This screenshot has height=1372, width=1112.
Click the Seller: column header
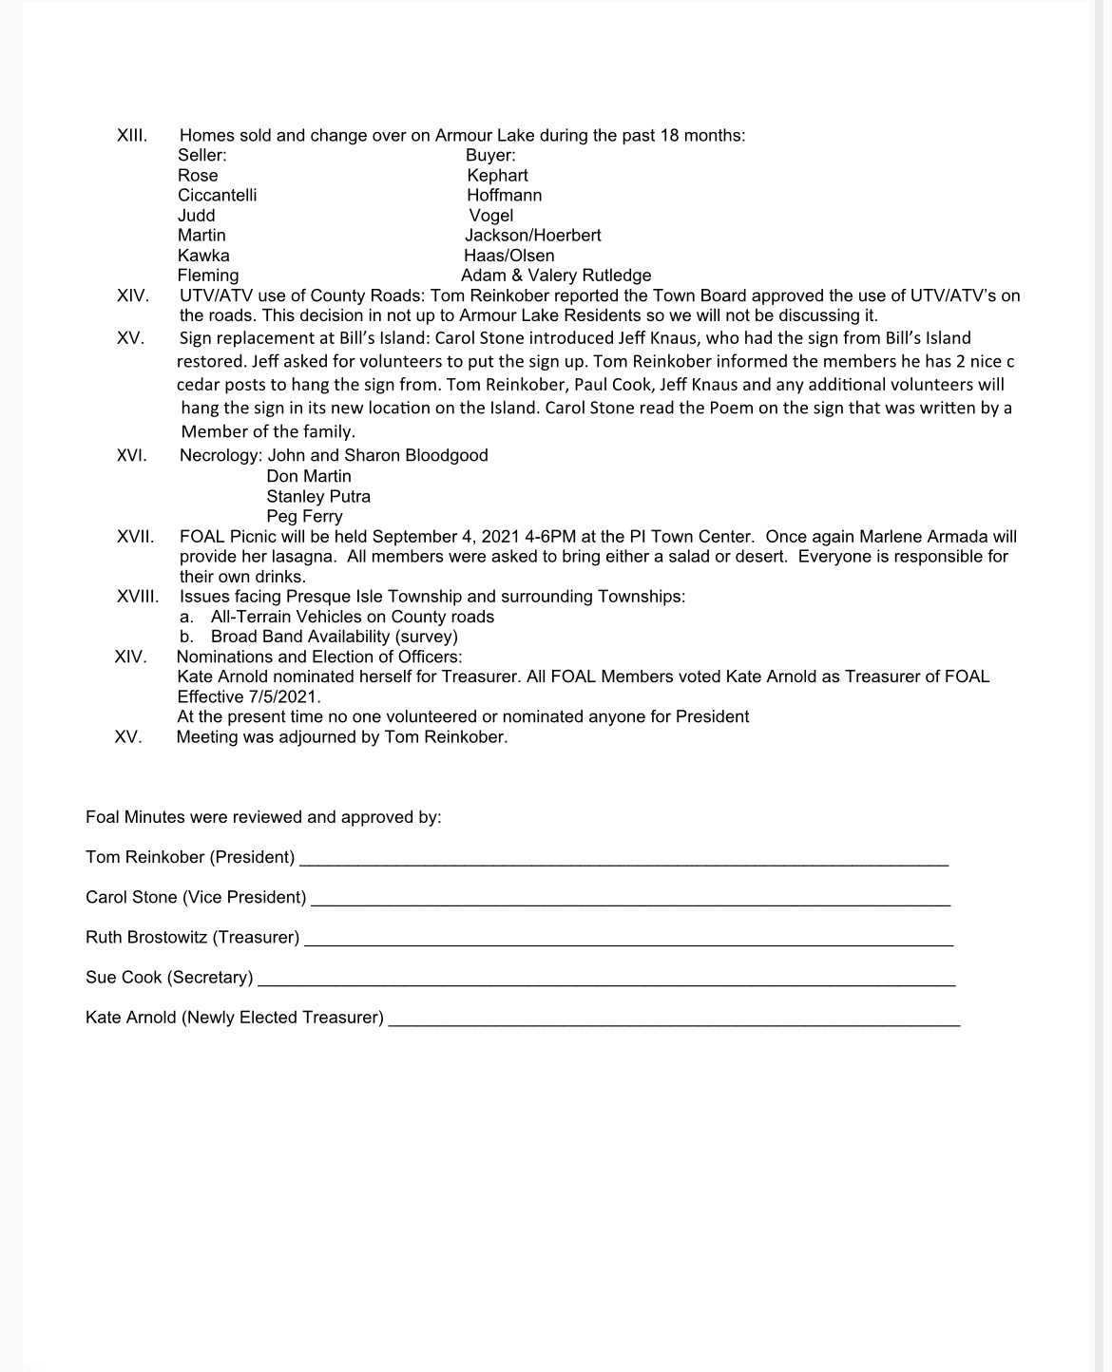click(201, 155)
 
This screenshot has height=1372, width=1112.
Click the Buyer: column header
click(490, 155)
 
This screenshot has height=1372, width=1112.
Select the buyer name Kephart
click(497, 175)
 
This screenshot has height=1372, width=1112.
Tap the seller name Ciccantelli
click(217, 195)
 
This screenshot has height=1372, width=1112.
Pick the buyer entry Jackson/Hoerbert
click(532, 235)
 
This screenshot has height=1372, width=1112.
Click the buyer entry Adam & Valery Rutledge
click(556, 276)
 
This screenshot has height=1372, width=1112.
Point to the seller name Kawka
click(203, 256)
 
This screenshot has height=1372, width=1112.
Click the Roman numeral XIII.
click(132, 135)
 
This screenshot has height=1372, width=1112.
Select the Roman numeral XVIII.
click(138, 597)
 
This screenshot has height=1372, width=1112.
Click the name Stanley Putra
click(318, 496)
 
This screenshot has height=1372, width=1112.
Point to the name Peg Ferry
click(304, 517)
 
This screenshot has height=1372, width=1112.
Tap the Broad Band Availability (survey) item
click(334, 637)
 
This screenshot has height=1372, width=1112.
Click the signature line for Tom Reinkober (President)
click(623, 862)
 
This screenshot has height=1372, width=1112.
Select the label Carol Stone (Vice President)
click(196, 897)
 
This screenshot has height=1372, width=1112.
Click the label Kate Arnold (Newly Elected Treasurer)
click(235, 1018)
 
